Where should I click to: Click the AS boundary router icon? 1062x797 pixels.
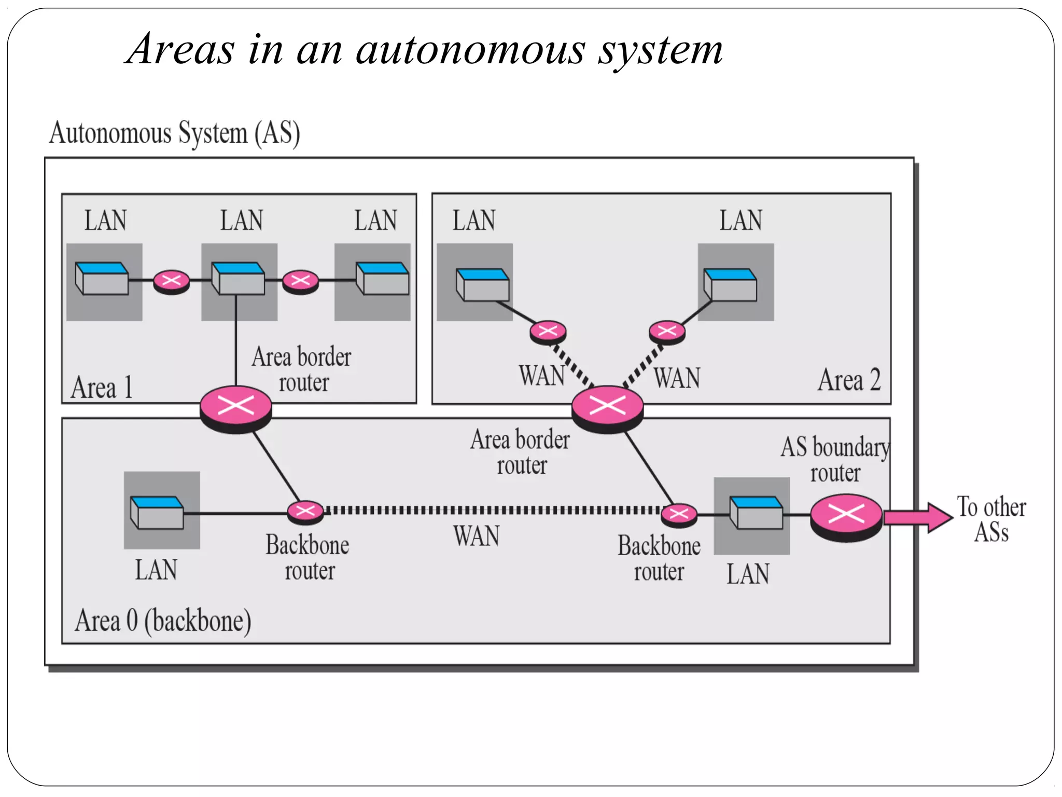[846, 516]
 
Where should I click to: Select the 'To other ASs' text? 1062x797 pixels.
[991, 519]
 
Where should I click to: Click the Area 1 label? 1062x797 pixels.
[102, 388]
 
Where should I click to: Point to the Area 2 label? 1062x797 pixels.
[849, 380]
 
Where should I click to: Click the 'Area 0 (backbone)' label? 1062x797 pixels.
[163, 621]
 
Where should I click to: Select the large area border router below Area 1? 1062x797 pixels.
[236, 407]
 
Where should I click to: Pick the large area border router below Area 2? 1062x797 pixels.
[607, 407]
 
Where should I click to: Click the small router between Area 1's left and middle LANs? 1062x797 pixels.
[172, 282]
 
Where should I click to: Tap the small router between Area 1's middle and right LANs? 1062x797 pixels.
[300, 282]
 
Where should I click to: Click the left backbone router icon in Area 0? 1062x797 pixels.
[305, 512]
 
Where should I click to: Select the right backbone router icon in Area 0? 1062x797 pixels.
[679, 515]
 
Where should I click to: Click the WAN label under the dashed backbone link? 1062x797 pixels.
[476, 536]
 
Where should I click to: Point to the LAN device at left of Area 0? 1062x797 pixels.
[157, 512]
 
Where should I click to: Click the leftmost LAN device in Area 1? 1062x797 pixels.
[102, 279]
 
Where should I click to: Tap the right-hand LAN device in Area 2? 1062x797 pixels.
[730, 284]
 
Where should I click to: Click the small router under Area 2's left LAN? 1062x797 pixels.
[548, 332]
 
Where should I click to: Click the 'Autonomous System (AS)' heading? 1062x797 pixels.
[175, 133]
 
